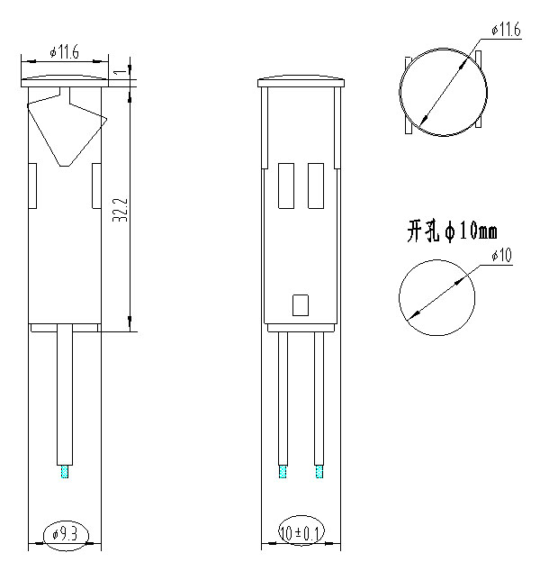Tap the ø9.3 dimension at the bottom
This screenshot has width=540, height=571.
pos(66,534)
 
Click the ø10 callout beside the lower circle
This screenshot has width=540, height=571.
pos(501,257)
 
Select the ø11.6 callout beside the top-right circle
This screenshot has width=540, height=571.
pos(506,31)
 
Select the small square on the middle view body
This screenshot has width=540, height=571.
pos(301,305)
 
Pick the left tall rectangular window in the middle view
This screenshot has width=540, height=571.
pos(287,185)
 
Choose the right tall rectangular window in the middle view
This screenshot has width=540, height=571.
pos(316,185)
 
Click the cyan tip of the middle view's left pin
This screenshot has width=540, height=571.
pos(282,472)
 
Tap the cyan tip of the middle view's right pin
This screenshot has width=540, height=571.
pos(318,472)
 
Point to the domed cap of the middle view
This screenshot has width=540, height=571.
pos(301,82)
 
